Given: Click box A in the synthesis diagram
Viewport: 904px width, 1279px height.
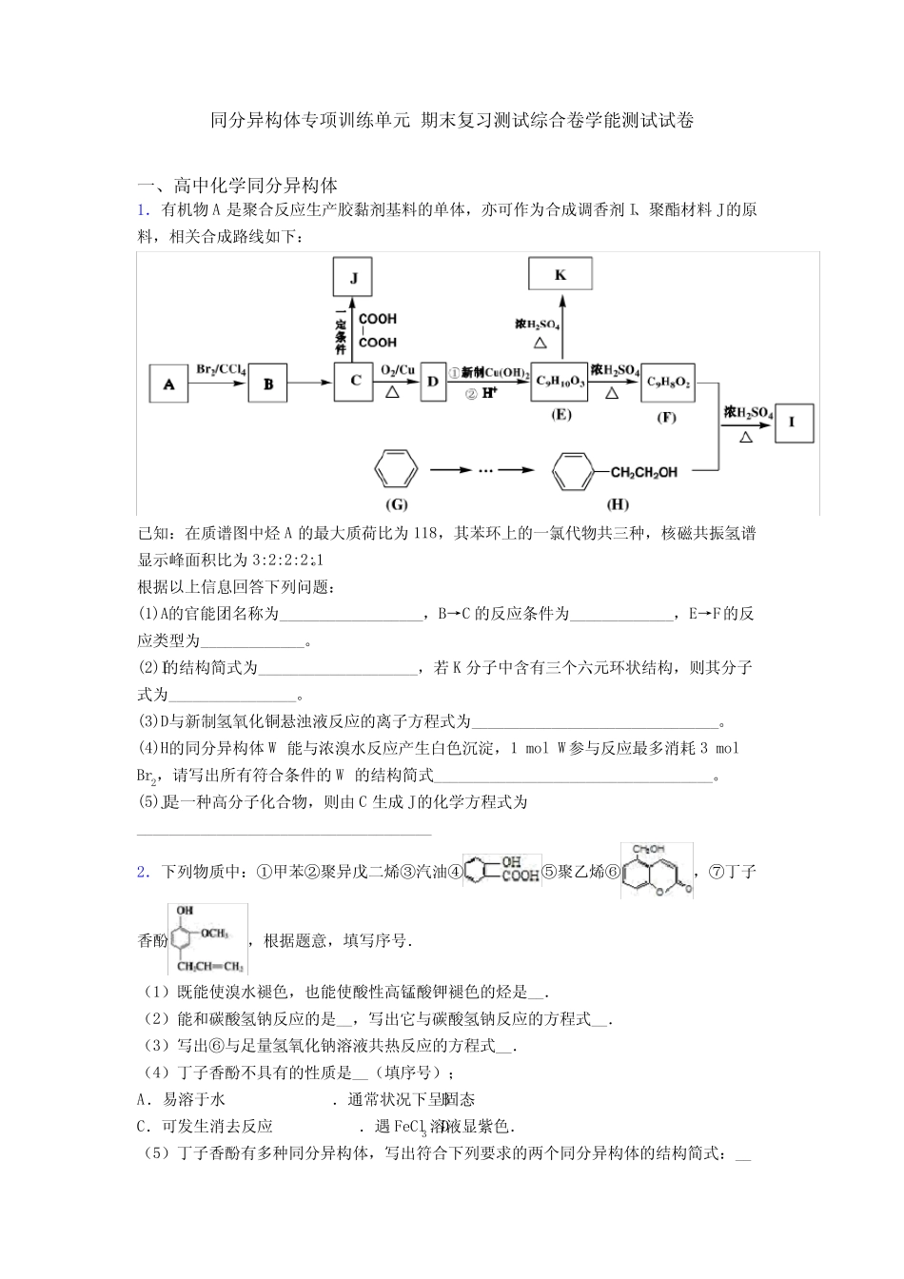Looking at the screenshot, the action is tap(168, 384).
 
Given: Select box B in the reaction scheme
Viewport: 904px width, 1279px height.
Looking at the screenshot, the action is tap(268, 384).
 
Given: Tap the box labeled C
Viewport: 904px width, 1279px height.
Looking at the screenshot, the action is tap(354, 382).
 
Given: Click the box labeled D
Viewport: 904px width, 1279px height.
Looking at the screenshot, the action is tap(433, 382).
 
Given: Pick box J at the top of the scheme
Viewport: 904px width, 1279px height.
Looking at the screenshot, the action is tap(354, 278).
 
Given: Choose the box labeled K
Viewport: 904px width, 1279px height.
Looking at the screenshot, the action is tap(560, 275).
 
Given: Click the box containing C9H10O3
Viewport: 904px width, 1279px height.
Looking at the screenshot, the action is tap(560, 383).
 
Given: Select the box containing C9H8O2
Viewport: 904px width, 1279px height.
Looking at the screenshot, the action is tap(668, 383).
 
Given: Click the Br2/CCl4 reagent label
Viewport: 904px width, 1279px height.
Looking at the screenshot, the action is tap(221, 369).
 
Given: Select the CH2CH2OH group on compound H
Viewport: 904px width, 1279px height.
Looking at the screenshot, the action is tap(643, 472).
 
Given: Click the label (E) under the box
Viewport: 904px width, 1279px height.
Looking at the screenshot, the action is tap(561, 415).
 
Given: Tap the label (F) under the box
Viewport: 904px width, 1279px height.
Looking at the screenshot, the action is tap(667, 417).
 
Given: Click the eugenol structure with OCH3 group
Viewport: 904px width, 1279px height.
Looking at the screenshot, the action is tap(207, 938).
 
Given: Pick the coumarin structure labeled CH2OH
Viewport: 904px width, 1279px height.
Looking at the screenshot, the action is tap(657, 871).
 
